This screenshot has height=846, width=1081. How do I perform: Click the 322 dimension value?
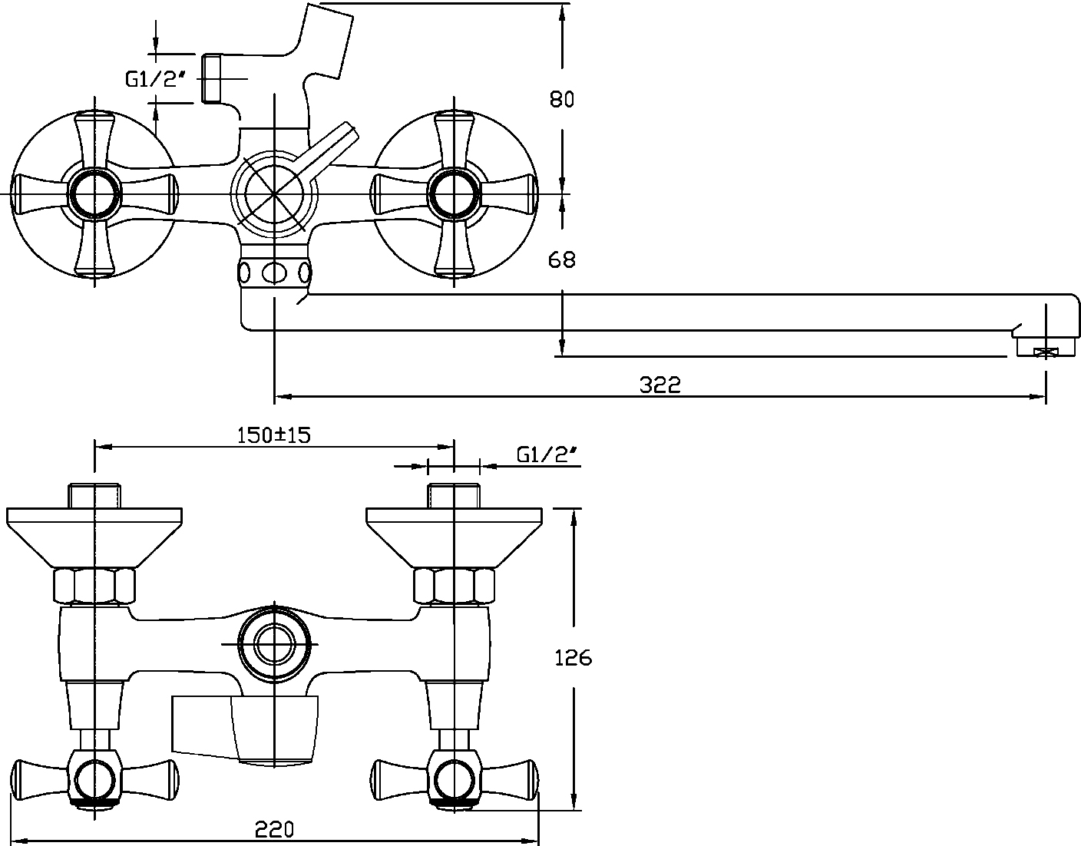pyautogui.click(x=660, y=385)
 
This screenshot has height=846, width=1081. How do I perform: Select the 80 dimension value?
pyautogui.click(x=561, y=99)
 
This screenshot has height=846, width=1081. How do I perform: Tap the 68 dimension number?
pyautogui.click(x=561, y=260)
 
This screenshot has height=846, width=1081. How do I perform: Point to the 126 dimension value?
pyautogui.click(x=573, y=658)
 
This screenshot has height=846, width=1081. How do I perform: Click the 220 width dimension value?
pyautogui.click(x=274, y=829)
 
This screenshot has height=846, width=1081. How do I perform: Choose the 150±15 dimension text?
pyautogui.click(x=273, y=435)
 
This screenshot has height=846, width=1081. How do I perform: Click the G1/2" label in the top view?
pyautogui.click(x=157, y=78)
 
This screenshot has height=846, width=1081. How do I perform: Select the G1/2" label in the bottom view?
pyautogui.click(x=547, y=454)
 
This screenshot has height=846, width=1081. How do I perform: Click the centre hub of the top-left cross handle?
pyautogui.click(x=94, y=191)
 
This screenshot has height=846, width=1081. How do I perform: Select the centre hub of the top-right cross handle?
pyautogui.click(x=453, y=191)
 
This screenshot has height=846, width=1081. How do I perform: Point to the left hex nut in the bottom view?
pyautogui.click(x=94, y=586)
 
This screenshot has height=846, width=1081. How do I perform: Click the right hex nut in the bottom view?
pyautogui.click(x=454, y=586)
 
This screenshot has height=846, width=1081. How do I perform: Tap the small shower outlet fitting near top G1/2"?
pyautogui.click(x=212, y=78)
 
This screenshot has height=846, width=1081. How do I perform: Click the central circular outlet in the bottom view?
pyautogui.click(x=275, y=643)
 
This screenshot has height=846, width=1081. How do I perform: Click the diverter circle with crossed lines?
pyautogui.click(x=275, y=191)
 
